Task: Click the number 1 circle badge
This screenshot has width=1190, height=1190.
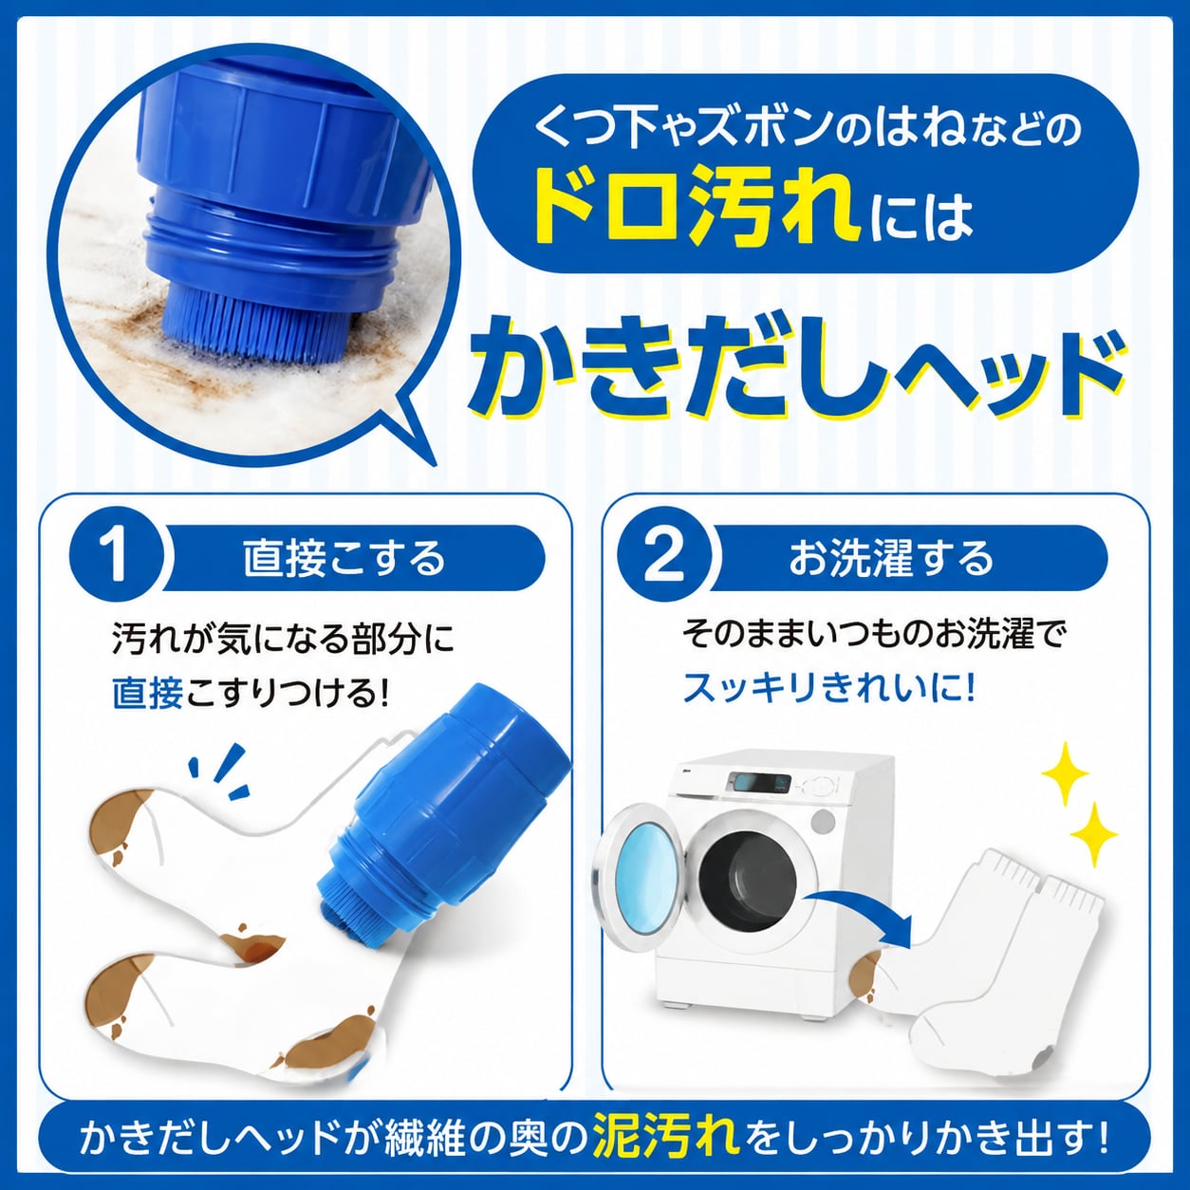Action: click(117, 559)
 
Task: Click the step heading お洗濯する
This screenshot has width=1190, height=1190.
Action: click(891, 558)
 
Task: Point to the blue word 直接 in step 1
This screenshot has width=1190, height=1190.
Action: click(148, 693)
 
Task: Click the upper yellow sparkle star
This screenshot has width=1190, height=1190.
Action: click(1065, 774)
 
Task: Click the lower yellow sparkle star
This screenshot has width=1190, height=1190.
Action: click(1093, 835)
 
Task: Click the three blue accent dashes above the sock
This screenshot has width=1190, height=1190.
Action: click(220, 769)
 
